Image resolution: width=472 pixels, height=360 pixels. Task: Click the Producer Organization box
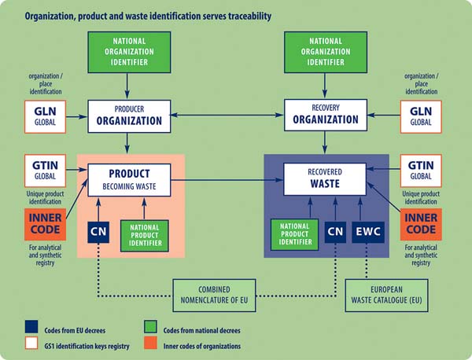[129, 116]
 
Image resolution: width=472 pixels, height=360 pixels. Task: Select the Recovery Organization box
[326, 116]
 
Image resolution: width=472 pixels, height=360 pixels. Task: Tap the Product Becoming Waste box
[129, 180]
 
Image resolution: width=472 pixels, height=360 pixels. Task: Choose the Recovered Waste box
[325, 179]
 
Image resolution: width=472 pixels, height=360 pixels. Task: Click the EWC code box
[368, 232]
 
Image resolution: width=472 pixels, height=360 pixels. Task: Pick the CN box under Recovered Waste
[335, 232]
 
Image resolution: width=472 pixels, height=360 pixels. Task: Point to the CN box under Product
[98, 232]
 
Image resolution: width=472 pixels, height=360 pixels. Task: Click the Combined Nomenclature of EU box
[214, 296]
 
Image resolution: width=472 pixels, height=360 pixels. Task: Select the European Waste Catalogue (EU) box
[386, 296]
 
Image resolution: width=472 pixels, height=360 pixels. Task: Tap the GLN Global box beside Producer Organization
[45, 116]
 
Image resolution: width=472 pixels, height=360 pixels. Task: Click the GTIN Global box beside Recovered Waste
[421, 171]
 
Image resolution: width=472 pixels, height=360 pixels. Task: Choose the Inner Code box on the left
[45, 224]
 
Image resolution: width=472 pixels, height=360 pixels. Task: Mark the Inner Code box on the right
[421, 224]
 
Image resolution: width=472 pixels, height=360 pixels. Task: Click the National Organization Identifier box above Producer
[129, 53]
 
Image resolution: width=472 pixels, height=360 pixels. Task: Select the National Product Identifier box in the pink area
[145, 236]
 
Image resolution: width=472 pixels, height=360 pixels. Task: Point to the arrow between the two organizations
[227, 115]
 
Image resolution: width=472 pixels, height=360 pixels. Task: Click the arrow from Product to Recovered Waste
[227, 180]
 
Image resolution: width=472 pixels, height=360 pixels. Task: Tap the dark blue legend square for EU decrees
[31, 327]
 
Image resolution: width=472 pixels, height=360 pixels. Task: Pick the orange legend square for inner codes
[150, 343]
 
